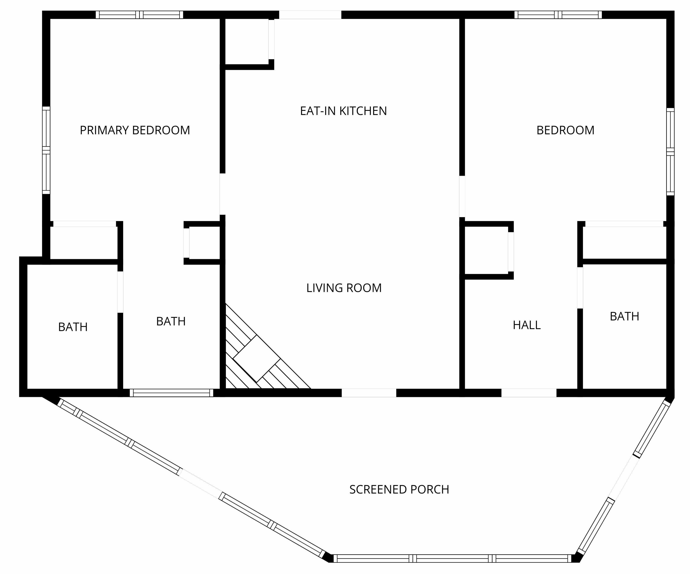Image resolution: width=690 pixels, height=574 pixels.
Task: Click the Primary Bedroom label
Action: click(135, 130)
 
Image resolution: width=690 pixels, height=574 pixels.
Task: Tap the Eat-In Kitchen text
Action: click(343, 111)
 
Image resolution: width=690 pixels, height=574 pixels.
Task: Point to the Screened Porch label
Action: click(399, 489)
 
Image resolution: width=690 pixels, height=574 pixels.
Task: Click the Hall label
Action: click(527, 325)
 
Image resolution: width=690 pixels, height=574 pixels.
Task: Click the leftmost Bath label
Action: click(73, 327)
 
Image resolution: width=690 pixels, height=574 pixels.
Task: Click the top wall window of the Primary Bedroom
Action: click(139, 15)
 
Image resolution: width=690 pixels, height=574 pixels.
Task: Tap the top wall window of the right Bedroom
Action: click(558, 15)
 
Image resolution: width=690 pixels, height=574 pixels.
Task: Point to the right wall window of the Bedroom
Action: click(670, 152)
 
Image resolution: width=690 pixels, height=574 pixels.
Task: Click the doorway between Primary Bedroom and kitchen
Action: click(222, 194)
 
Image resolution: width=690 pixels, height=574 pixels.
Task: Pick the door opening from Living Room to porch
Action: click(369, 393)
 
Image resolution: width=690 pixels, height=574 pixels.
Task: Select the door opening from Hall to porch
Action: click(529, 393)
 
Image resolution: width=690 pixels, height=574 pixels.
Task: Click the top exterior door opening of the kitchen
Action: click(310, 15)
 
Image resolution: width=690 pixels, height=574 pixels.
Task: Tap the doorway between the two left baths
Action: click(120, 292)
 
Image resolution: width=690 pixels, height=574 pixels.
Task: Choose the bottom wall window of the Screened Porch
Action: click(452, 558)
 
